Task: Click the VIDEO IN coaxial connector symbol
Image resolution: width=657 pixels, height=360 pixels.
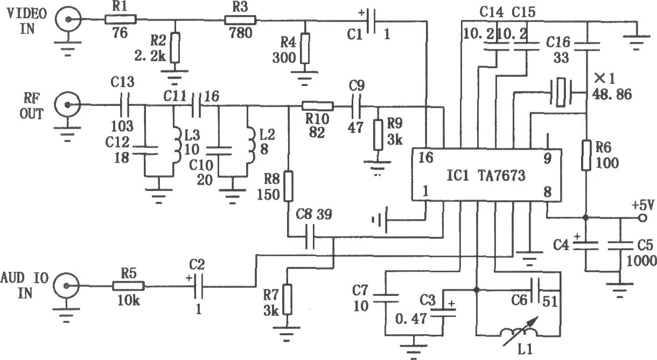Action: point(68,19)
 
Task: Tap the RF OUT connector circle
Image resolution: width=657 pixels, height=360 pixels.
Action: point(67,104)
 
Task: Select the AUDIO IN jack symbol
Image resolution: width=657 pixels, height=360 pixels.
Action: point(67,286)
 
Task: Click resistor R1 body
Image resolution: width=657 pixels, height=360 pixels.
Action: point(121,19)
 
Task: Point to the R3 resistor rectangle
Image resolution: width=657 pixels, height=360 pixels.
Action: point(240,20)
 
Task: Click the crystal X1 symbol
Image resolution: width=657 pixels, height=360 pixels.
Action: point(561,92)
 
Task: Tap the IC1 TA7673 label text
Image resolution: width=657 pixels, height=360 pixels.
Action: point(486,175)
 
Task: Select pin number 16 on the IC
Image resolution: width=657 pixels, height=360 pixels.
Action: point(425,158)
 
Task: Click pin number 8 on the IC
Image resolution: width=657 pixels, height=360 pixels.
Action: point(547,192)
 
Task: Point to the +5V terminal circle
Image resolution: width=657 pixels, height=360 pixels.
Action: point(642,218)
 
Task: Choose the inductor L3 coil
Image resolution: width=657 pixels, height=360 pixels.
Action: point(177,145)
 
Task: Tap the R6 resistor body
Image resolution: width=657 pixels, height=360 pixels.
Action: point(586,156)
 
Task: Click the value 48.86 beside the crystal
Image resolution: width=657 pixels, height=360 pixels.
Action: point(612,94)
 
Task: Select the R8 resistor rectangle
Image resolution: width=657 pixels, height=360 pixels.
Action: point(288,186)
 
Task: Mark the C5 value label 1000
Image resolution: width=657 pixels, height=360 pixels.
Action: point(641,260)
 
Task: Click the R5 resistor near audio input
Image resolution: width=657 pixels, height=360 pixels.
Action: point(129,286)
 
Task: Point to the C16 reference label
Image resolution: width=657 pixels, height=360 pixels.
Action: point(558,43)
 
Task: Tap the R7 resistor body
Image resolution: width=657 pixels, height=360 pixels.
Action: point(287,299)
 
